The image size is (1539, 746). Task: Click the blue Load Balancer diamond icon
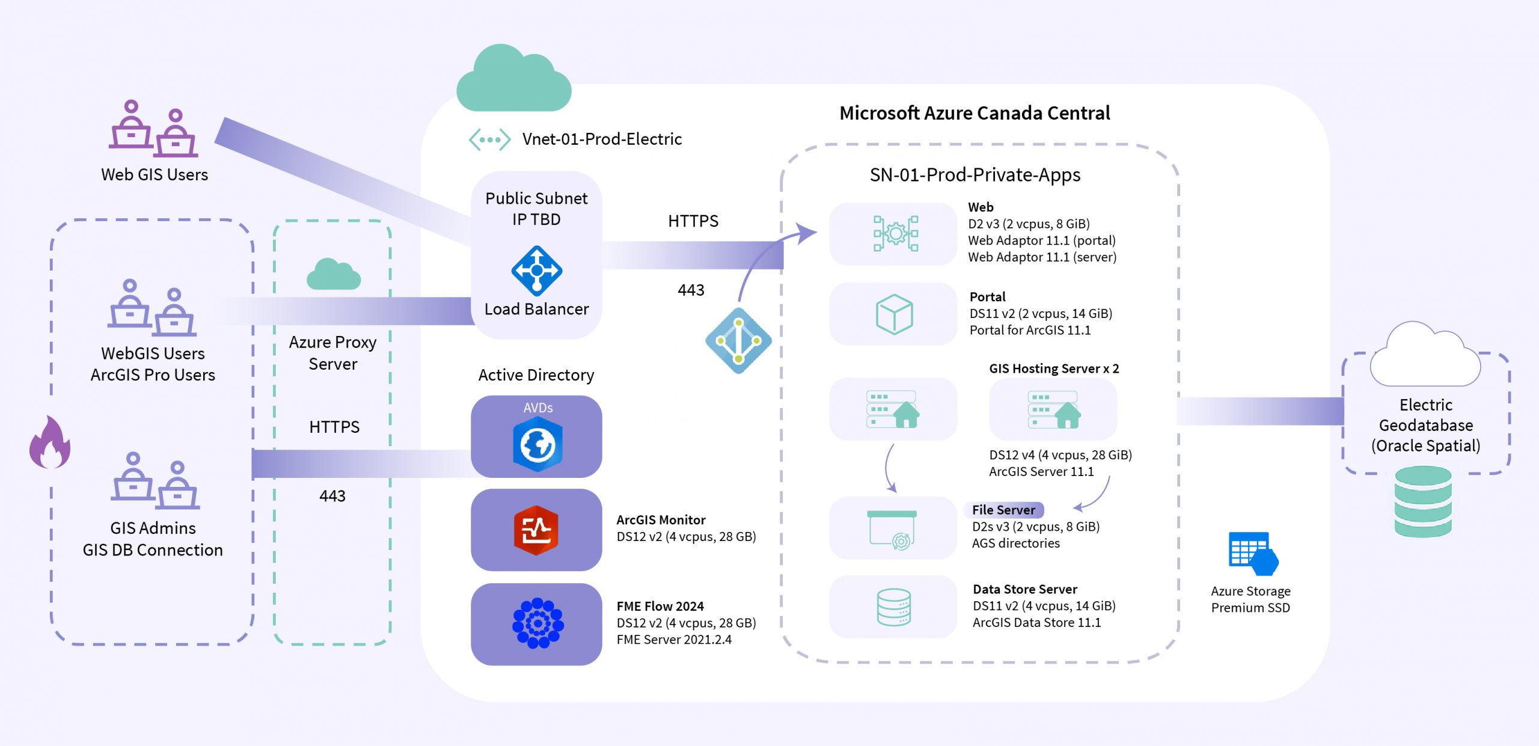coord(536,271)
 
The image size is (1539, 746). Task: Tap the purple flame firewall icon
coord(50,443)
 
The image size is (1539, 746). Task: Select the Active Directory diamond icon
coord(738,341)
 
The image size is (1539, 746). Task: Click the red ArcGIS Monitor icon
coord(536,530)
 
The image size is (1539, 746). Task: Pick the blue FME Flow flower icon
coord(537,623)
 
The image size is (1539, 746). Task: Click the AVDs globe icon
coord(537,445)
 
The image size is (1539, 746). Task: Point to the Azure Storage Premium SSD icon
coord(1252,554)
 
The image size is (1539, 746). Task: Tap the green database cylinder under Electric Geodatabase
coord(1422,501)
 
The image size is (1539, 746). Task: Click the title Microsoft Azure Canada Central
coord(974,113)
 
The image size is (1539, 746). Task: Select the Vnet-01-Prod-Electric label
coord(601,139)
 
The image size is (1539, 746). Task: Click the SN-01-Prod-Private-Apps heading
coord(974,175)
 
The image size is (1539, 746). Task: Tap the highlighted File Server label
coord(1003,510)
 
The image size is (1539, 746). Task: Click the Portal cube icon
coord(894,314)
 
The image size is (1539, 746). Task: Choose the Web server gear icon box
coord(894,234)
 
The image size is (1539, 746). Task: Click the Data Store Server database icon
coord(893,607)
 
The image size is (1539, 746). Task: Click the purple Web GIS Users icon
coord(153,128)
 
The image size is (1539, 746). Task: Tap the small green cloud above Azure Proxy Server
coord(333,275)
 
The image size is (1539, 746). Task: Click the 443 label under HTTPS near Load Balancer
coord(691,290)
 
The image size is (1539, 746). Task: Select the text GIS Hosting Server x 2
coord(1053,368)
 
